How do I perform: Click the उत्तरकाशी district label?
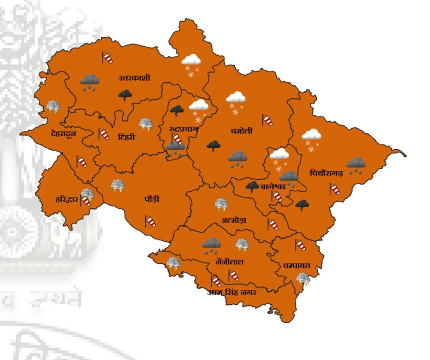134,78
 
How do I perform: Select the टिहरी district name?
126,137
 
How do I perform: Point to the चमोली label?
242,131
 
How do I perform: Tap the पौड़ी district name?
152,199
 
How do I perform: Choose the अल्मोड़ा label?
234,220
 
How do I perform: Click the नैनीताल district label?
230,262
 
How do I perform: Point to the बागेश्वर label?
273,186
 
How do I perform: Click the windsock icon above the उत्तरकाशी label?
107,58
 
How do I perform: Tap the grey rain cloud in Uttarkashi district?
89,82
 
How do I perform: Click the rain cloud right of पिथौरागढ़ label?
356,165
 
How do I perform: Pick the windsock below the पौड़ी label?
150,221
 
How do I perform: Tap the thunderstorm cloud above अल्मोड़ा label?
221,205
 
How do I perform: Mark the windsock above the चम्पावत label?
300,245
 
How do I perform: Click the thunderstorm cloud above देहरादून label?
53,107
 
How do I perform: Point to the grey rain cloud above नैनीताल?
211,245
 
